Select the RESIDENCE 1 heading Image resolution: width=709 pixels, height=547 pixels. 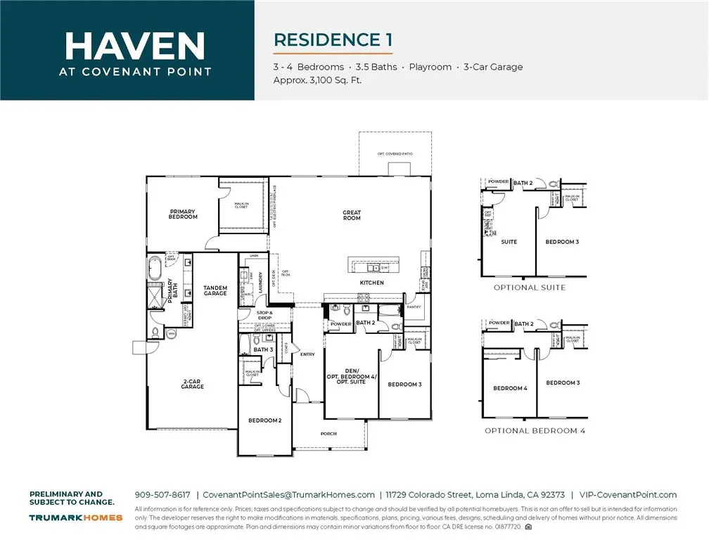333,39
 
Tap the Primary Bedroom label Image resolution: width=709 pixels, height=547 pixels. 183,214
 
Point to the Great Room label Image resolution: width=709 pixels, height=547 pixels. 352,215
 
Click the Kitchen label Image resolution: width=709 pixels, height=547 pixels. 372,283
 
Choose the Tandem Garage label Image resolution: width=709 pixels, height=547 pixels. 215,290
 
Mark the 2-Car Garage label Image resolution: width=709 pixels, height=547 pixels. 192,384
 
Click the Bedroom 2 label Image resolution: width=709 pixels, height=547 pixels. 264,420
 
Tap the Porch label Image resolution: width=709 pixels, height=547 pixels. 328,434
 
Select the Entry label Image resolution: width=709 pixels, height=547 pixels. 308,354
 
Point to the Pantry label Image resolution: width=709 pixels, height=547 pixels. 415,307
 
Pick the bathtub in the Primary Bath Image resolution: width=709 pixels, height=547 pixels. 155,269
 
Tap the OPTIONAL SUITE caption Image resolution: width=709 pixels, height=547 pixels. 529,288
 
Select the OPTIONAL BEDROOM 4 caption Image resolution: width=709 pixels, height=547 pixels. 535,430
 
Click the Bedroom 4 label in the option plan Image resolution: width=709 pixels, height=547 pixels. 510,388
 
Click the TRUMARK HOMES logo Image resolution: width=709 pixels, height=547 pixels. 76,517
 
